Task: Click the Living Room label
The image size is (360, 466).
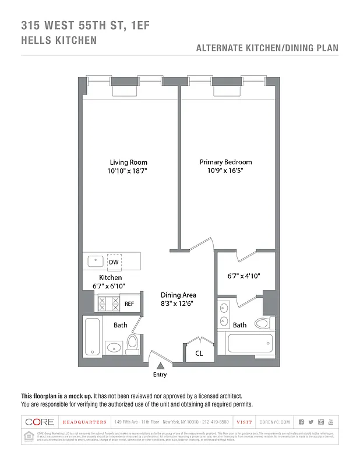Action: tap(128, 162)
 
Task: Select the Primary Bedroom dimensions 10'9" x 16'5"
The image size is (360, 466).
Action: tap(225, 171)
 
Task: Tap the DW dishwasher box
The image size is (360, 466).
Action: tap(114, 262)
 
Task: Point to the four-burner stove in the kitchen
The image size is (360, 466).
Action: tap(108, 303)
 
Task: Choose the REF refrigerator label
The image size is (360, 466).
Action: tap(129, 304)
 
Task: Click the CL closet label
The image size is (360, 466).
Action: tap(199, 353)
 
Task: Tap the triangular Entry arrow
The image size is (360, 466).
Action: tap(160, 366)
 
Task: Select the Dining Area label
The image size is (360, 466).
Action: tap(178, 295)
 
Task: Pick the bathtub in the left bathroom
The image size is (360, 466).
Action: tap(93, 336)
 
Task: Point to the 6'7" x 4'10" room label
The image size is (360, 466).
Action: tap(243, 276)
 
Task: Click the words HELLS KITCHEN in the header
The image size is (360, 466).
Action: tap(59, 41)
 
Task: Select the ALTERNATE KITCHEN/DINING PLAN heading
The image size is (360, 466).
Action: tap(267, 48)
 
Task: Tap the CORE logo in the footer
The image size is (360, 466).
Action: tap(40, 422)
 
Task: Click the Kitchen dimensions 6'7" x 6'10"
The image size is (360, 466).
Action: tap(110, 286)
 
